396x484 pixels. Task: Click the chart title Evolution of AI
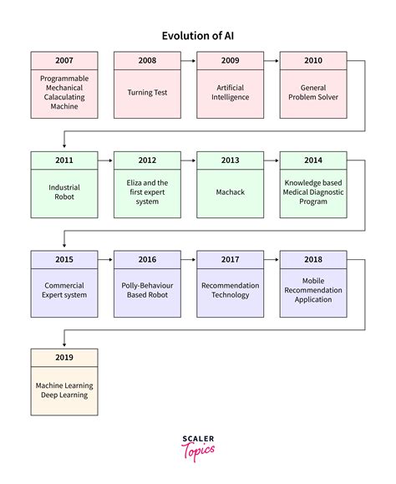197,35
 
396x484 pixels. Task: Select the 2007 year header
63,60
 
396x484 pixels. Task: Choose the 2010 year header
312,60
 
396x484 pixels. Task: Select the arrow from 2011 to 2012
105,160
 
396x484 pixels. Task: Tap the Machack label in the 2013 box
230,191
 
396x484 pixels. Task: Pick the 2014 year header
312,160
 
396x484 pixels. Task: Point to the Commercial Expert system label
63,290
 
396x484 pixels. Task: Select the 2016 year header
147,259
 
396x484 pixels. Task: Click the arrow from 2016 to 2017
188,259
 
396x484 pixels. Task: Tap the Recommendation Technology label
230,290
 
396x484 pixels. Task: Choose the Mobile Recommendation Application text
312,290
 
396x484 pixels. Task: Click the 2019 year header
63,358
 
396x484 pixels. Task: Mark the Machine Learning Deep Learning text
63,390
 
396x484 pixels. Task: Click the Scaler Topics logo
197,447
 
